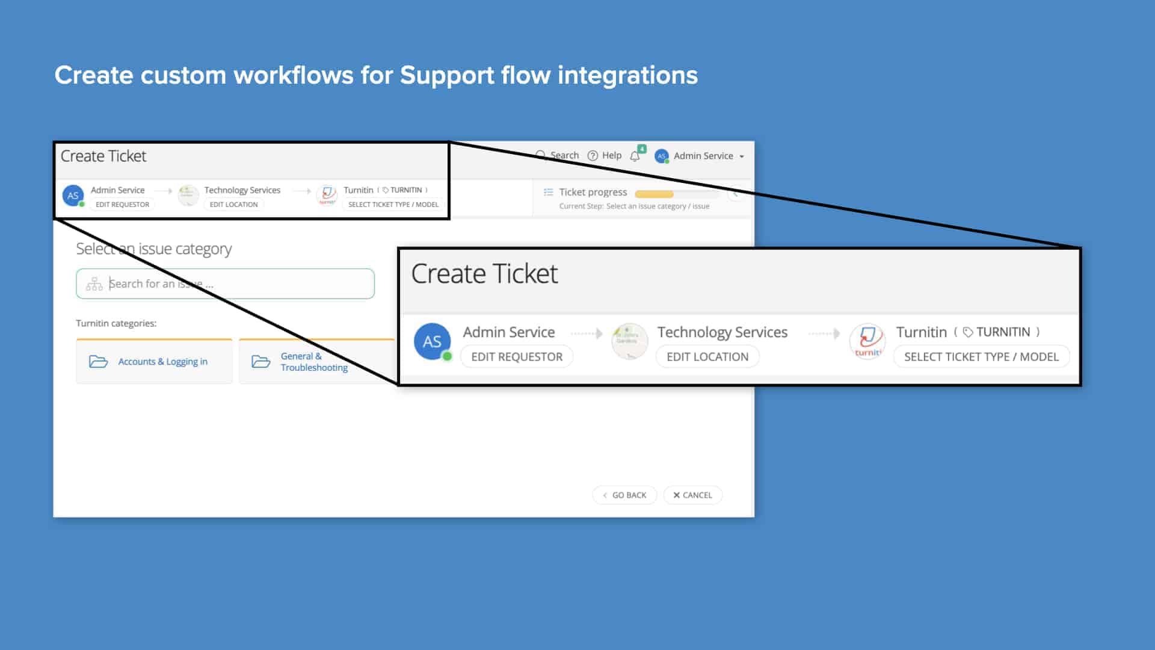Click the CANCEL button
tap(692, 495)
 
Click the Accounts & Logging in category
tap(154, 362)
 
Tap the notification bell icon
tap(635, 156)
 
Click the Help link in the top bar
tap(605, 156)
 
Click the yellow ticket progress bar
tap(654, 194)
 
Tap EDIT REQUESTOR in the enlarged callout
tap(517, 357)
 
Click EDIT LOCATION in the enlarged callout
tap(707, 357)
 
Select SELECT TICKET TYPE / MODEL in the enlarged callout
tap(981, 357)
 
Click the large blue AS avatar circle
tap(432, 342)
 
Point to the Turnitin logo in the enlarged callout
tap(867, 341)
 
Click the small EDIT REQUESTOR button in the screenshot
tap(122, 205)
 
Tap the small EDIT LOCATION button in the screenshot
tap(233, 205)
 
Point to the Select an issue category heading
tap(153, 249)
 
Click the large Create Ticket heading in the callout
tap(484, 274)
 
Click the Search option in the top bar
tap(558, 155)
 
